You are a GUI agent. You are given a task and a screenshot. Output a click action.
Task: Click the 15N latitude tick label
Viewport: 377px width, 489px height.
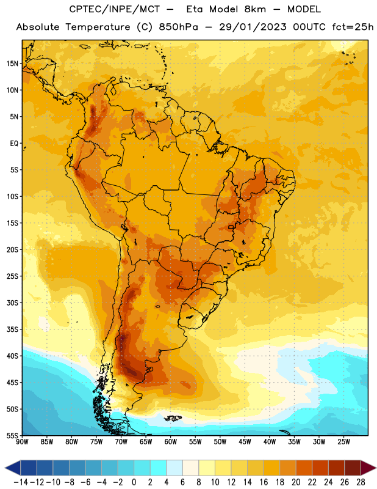tap(12, 64)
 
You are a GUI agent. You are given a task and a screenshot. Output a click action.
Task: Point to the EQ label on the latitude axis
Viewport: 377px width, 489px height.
tap(14, 144)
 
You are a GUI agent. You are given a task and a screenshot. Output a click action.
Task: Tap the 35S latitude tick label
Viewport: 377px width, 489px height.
tap(12, 329)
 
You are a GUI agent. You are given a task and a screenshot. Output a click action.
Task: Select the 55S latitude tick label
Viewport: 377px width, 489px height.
tap(12, 436)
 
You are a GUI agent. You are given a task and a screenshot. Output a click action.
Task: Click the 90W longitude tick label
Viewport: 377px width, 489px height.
tap(23, 442)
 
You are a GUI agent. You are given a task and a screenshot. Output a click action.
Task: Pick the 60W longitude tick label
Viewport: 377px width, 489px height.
tap(171, 442)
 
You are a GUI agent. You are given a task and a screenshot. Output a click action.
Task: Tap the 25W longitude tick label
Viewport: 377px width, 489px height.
tap(343, 442)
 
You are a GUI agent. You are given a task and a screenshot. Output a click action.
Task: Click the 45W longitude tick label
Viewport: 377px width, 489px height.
tap(245, 442)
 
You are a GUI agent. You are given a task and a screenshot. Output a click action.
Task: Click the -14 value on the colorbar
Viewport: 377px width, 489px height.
tap(21, 482)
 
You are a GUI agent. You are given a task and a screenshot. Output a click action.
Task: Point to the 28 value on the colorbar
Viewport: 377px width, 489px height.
tap(361, 482)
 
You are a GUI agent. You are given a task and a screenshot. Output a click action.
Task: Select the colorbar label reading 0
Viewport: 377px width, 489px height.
tap(134, 482)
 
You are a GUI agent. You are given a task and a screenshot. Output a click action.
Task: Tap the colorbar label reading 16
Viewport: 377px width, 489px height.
tap(264, 482)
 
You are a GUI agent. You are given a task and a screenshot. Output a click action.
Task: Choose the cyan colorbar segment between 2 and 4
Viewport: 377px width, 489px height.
tap(159, 468)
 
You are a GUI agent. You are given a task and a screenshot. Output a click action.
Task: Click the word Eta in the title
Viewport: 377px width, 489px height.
tap(195, 10)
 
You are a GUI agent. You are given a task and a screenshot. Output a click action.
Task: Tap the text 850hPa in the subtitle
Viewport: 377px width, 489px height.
tap(178, 27)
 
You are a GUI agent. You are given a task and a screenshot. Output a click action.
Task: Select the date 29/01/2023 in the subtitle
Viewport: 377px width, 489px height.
tap(253, 27)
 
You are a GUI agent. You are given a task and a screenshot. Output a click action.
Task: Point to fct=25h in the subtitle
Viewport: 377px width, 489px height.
tap(353, 27)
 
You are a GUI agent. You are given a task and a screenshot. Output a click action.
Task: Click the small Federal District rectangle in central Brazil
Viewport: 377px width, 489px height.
tap(231, 227)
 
